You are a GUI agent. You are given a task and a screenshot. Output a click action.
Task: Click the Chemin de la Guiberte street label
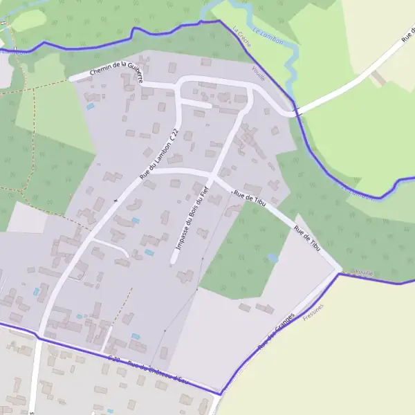pyautogui.click(x=116, y=71)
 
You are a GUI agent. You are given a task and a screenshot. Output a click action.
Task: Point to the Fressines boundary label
pyautogui.click(x=313, y=313)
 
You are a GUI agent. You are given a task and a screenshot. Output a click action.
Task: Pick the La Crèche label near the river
pyautogui.click(x=243, y=36)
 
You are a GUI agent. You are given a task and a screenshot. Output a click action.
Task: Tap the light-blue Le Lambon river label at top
pyautogui.click(x=268, y=37)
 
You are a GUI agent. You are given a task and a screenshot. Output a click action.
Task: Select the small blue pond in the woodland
pyautogui.click(x=273, y=257)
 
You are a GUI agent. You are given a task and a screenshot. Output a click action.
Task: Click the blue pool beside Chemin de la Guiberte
pyautogui.click(x=90, y=107)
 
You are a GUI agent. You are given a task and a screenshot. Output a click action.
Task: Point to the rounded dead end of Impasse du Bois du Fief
pyautogui.click(x=174, y=261)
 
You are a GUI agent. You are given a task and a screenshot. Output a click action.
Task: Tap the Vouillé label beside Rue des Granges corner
pyautogui.click(x=364, y=273)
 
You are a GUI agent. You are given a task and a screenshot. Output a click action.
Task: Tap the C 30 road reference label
pyautogui.click(x=114, y=359)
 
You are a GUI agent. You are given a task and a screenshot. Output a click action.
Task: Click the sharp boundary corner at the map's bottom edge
pyautogui.click(x=221, y=395)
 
